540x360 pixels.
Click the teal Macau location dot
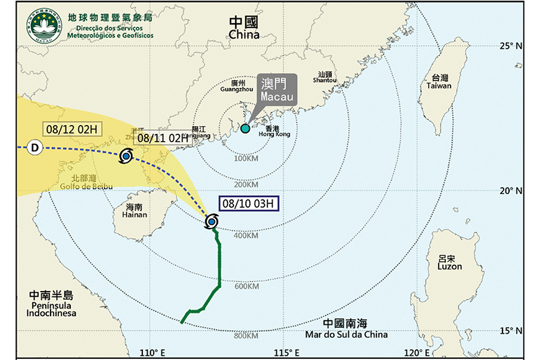click(245, 129)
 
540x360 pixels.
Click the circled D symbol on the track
click(35, 148)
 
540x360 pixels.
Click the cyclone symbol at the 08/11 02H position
click(126, 157)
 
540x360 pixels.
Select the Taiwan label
click(439, 82)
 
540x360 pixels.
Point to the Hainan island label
click(130, 212)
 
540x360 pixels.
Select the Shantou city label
click(324, 78)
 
